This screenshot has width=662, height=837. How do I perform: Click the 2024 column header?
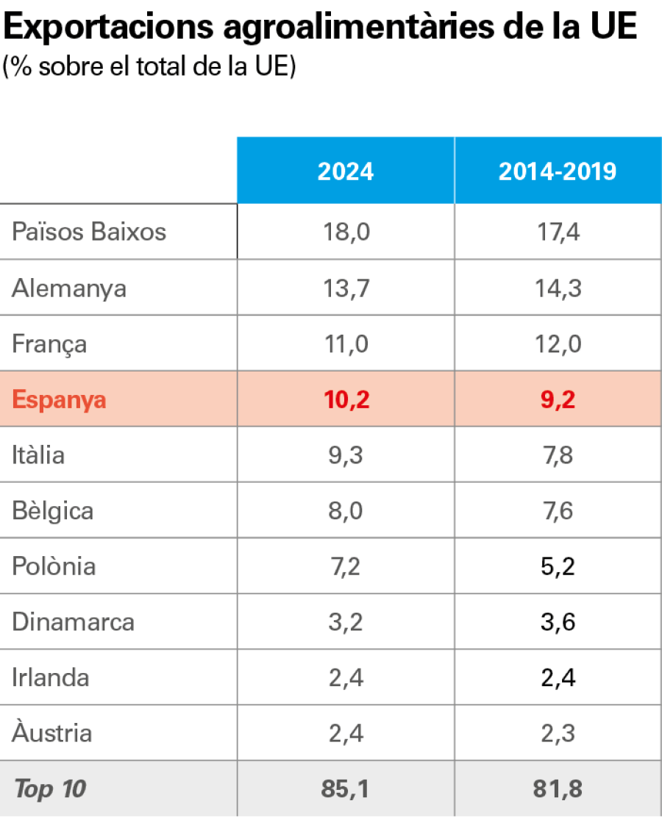[x=345, y=171]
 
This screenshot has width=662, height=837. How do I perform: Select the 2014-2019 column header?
[x=557, y=171]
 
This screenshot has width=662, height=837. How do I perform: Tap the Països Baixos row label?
[x=89, y=232]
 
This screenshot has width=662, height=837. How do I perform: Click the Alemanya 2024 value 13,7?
[x=345, y=288]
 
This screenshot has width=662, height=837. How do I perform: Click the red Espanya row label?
[x=60, y=400]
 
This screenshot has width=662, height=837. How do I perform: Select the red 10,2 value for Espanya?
[x=345, y=400]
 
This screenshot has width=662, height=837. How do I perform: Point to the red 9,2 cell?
[x=557, y=400]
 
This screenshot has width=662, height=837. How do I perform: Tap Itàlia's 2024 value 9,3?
[x=345, y=455]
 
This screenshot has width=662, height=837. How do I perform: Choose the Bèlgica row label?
[x=52, y=510]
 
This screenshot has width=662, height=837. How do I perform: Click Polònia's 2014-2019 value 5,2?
[x=557, y=566]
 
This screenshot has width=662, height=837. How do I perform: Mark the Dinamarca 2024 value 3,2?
[x=345, y=622]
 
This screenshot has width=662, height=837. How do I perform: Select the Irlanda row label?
[x=50, y=677]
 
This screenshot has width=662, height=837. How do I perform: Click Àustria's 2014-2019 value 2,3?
[x=557, y=733]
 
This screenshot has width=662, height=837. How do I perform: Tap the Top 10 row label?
[x=49, y=789]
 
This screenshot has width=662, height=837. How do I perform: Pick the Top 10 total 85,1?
[x=345, y=789]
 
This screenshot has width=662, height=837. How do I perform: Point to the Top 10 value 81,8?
[x=557, y=789]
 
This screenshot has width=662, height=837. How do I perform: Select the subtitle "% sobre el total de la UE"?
[x=149, y=67]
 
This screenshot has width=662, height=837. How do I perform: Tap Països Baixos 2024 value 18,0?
[x=345, y=232]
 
